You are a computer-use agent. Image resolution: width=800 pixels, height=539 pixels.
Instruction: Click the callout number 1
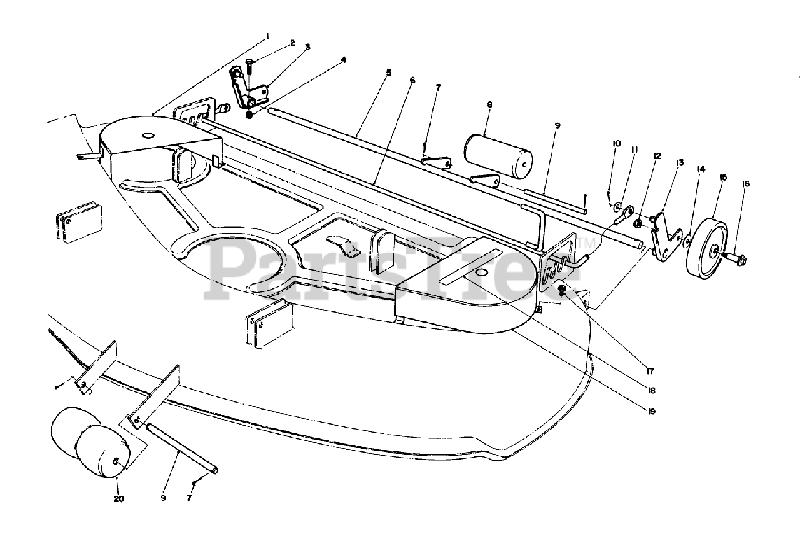pos(267,36)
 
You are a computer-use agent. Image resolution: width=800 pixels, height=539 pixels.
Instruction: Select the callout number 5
pos(388,73)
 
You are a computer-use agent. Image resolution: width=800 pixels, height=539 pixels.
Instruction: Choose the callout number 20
pos(119,499)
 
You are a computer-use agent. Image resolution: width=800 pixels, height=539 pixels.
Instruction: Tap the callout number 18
pos(651,391)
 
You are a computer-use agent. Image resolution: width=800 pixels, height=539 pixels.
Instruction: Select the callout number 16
pos(746,184)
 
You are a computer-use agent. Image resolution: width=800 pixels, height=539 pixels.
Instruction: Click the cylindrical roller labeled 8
pos(497,155)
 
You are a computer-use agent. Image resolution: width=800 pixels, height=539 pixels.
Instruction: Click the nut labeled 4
pos(250,114)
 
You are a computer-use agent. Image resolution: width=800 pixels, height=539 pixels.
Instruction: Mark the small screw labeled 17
pos(562,289)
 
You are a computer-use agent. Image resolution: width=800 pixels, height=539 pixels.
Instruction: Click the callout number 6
pos(412,81)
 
